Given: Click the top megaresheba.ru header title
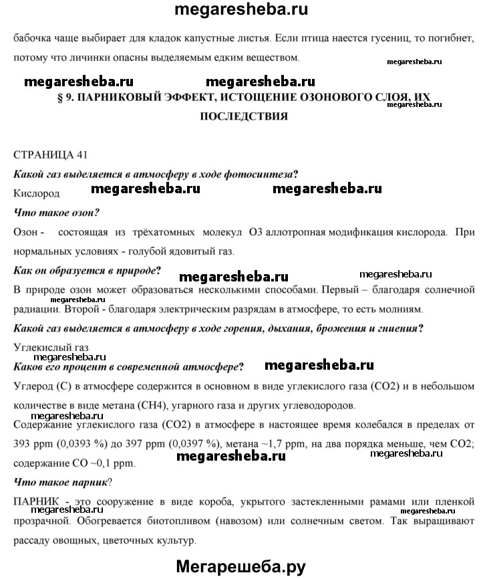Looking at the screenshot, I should (x=240, y=11).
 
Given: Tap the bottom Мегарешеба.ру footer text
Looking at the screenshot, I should (x=240, y=566).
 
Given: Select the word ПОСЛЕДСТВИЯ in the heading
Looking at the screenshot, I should (x=244, y=116).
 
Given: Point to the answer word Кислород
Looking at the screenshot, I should (x=36, y=193).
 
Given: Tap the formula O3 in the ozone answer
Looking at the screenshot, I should (x=255, y=233).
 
